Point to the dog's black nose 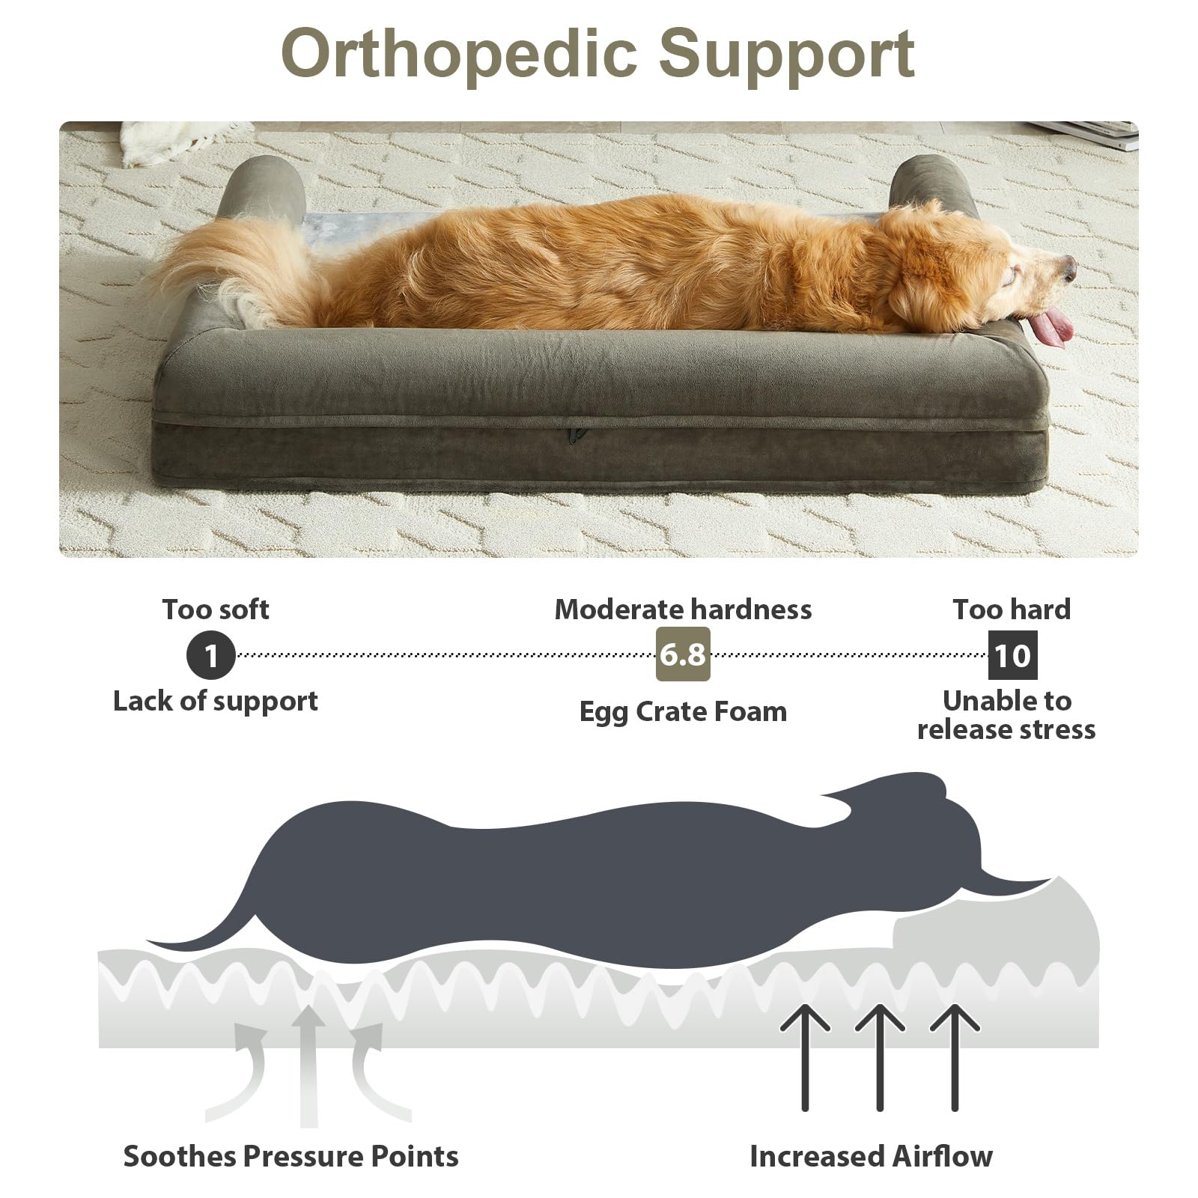click(x=1068, y=267)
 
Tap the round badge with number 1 click(x=211, y=656)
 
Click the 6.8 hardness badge click(x=683, y=654)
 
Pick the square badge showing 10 click(x=1012, y=655)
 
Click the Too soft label click(x=216, y=609)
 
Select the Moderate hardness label click(x=683, y=609)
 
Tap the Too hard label click(x=1012, y=609)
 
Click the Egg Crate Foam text click(x=683, y=711)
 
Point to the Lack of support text click(x=216, y=702)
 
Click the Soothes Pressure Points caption click(x=291, y=1156)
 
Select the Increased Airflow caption click(x=871, y=1156)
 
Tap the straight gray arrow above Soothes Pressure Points click(x=308, y=1066)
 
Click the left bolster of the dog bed click(x=262, y=187)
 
